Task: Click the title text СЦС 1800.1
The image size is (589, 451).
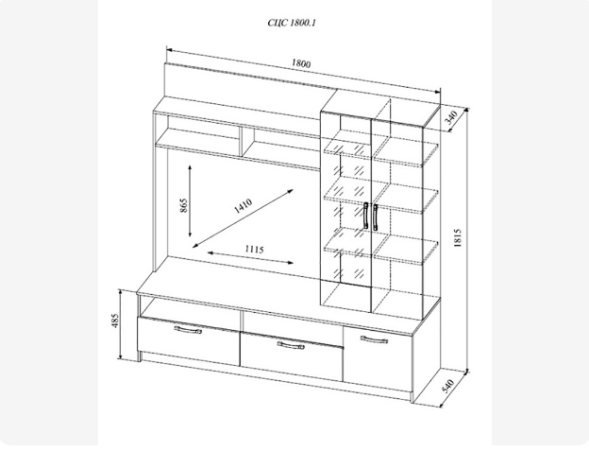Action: [292, 23]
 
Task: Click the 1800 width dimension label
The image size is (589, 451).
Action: [301, 63]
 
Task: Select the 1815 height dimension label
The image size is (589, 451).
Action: [457, 237]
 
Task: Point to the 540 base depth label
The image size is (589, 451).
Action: [448, 386]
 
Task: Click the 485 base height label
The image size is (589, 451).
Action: [116, 321]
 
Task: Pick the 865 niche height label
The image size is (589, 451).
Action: [183, 205]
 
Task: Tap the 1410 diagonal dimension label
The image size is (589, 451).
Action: [243, 205]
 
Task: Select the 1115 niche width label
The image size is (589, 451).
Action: [255, 250]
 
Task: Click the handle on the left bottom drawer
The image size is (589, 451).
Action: [188, 330]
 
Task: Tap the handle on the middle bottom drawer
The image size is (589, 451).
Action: [291, 345]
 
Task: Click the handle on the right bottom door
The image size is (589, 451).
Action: [374, 339]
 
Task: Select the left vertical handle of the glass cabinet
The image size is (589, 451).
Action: [366, 216]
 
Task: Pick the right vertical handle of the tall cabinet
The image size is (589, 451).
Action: [376, 217]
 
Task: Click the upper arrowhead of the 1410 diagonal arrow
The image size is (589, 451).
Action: [290, 191]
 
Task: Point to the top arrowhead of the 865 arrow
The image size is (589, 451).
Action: [190, 167]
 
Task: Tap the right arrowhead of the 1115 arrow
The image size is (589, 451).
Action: [290, 263]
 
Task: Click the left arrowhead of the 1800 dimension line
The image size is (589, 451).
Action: [169, 50]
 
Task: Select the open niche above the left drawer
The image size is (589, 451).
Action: [190, 307]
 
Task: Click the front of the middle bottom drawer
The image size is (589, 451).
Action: [292, 356]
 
